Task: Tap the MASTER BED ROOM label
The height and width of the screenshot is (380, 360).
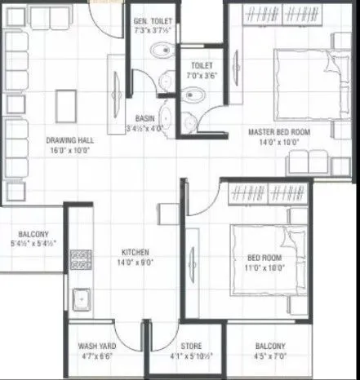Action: coord(278,130)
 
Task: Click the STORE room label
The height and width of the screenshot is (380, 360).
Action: coord(191,346)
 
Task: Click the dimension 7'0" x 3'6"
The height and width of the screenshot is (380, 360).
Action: coord(201,75)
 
